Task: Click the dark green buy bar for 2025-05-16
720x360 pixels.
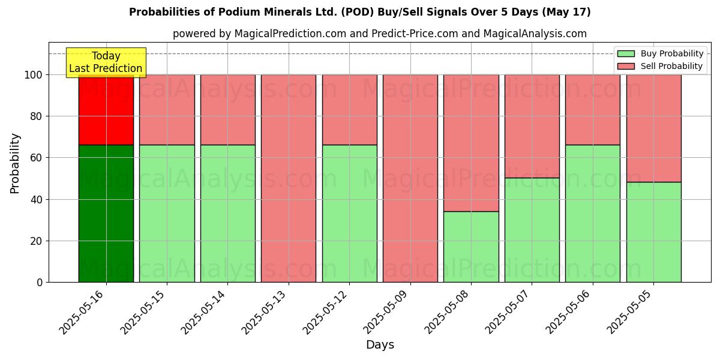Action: click(106, 213)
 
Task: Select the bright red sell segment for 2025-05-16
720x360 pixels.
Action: click(106, 110)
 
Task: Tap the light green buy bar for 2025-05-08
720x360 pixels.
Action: click(471, 247)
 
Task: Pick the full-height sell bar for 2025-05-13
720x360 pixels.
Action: click(289, 178)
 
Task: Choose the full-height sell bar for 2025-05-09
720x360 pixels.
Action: click(410, 178)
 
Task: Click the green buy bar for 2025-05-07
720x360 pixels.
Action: click(532, 230)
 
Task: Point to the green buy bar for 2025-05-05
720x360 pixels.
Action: click(654, 232)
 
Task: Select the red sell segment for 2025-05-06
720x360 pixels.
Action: click(593, 110)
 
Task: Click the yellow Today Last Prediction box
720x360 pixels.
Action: click(106, 62)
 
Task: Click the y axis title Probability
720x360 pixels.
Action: click(15, 163)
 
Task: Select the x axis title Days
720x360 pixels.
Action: click(380, 345)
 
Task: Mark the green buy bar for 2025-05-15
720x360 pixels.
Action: click(167, 213)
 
